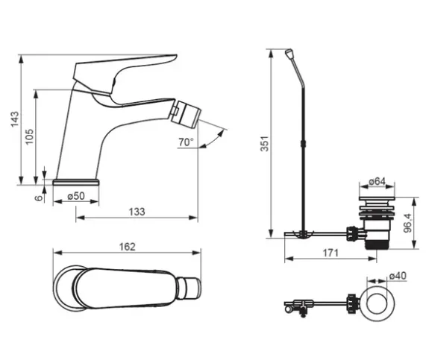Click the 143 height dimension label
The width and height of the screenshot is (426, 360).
coord(15,119)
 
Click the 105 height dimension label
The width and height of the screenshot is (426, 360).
coord(29,136)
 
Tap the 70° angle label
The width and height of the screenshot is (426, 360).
coord(186,142)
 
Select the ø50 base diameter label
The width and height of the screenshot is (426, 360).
coord(76,196)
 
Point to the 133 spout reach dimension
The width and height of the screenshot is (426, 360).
coord(137,212)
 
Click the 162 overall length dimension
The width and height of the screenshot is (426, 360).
coord(127,247)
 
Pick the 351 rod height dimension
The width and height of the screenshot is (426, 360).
coord(265,144)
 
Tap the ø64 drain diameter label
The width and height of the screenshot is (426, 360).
coord(377,181)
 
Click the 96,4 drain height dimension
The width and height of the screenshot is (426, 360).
coord(407,223)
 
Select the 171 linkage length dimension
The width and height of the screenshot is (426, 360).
coord(331,253)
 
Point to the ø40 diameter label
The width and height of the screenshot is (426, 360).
coord(398,276)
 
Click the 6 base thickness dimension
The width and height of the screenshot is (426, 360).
coord(40,198)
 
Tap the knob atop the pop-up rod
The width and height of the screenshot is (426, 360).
coord(289,53)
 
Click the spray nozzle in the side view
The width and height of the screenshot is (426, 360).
coord(186,114)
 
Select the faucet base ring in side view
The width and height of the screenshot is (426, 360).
coord(76,182)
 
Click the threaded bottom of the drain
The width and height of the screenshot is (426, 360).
coord(377,244)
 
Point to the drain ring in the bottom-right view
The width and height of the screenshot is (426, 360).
coord(377,303)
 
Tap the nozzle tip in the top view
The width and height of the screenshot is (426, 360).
coord(193,288)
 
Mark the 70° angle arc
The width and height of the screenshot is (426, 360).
coord(215,140)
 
